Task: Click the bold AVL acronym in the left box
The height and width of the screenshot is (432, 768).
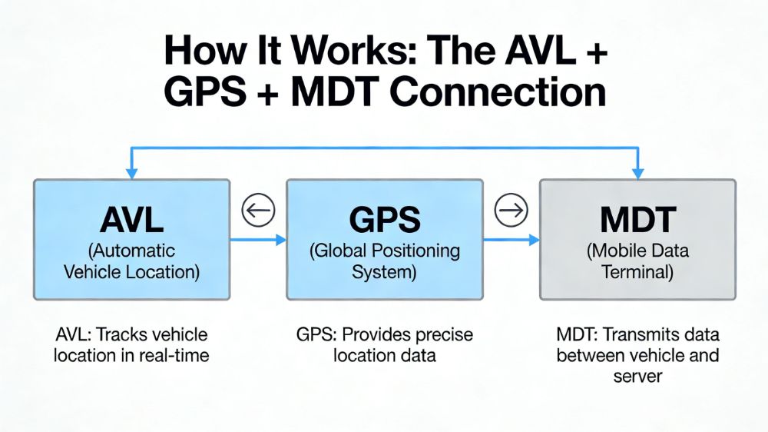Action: pyautogui.click(x=131, y=220)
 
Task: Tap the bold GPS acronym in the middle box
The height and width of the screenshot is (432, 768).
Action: pyautogui.click(x=385, y=220)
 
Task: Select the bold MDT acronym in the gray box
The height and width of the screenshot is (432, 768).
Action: pyautogui.click(x=638, y=220)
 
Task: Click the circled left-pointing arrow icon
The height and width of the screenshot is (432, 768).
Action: pyautogui.click(x=258, y=210)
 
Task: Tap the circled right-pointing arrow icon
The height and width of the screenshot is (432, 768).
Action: pyautogui.click(x=511, y=210)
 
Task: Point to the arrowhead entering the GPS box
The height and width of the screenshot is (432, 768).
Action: pyautogui.click(x=280, y=241)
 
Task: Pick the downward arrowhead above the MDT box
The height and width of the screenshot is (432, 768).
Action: pyautogui.click(x=637, y=174)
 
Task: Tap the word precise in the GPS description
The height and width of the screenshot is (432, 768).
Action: pyautogui.click(x=442, y=336)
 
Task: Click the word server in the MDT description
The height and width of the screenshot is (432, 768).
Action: pyautogui.click(x=637, y=377)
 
